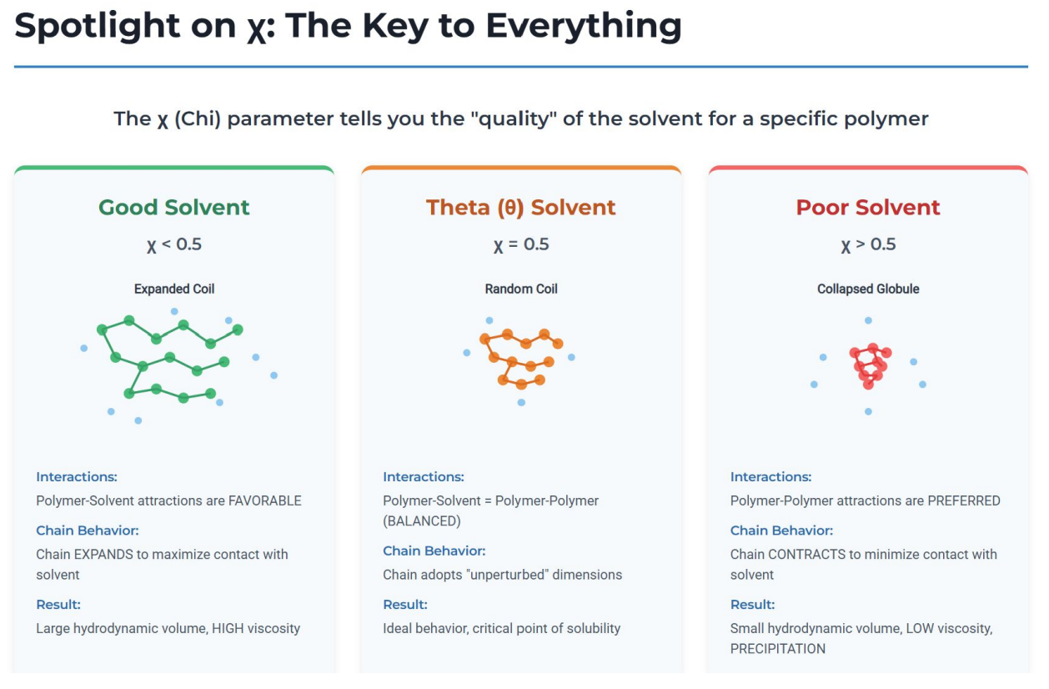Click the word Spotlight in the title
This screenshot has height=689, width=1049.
(x=97, y=27)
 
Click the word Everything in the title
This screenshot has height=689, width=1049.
(x=584, y=27)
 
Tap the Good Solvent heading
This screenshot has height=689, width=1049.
(x=173, y=208)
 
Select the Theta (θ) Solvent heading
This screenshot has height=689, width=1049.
(x=521, y=208)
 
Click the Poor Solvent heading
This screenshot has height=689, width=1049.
(x=868, y=208)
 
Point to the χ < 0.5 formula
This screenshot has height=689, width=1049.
(x=173, y=244)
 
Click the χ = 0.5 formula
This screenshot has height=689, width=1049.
(x=521, y=244)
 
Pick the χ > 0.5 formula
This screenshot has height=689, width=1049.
(x=868, y=244)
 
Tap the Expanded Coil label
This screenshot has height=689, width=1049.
(x=174, y=289)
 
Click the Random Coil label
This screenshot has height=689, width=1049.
(x=521, y=289)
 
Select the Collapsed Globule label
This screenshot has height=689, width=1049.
(x=868, y=289)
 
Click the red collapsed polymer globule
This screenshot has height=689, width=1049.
(x=870, y=366)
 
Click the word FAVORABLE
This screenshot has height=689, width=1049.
(x=264, y=500)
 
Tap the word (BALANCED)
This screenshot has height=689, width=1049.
(x=422, y=521)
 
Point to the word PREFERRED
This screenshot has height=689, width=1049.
(x=964, y=500)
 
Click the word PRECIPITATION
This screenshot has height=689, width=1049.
(x=778, y=649)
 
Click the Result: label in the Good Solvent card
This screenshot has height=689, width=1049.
(x=58, y=605)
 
